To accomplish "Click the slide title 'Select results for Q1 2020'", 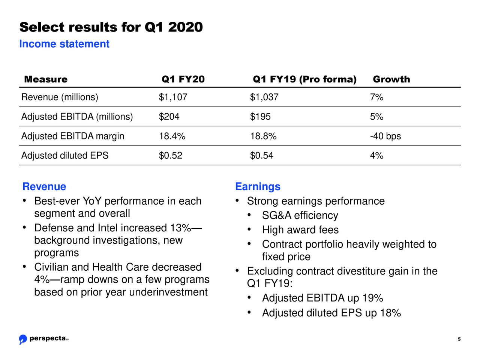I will [x=111, y=27].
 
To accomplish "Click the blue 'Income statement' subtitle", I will [x=64, y=44].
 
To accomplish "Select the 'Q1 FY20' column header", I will [x=183, y=79].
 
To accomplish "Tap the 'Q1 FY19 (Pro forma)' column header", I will [x=304, y=79].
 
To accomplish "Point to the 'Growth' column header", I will [x=391, y=79].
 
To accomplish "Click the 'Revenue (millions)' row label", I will [x=60, y=97].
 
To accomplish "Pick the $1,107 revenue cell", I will [x=173, y=97].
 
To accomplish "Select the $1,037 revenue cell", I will [x=264, y=97].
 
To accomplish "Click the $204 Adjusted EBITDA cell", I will [x=169, y=117].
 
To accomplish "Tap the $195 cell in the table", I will [x=260, y=117].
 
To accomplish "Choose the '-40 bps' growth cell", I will [x=385, y=136].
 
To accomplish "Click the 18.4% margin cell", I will [x=172, y=136].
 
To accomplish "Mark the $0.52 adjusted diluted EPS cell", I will [x=171, y=156].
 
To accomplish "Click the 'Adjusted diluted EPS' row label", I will [x=65, y=156].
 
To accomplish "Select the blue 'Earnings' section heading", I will [x=258, y=187].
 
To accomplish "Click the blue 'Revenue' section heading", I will [x=44, y=187].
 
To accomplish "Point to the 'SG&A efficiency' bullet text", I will [x=300, y=216].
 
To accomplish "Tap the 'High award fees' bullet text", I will [x=300, y=230].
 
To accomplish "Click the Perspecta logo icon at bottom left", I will [x=23, y=339].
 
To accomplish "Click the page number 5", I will [x=459, y=340].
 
